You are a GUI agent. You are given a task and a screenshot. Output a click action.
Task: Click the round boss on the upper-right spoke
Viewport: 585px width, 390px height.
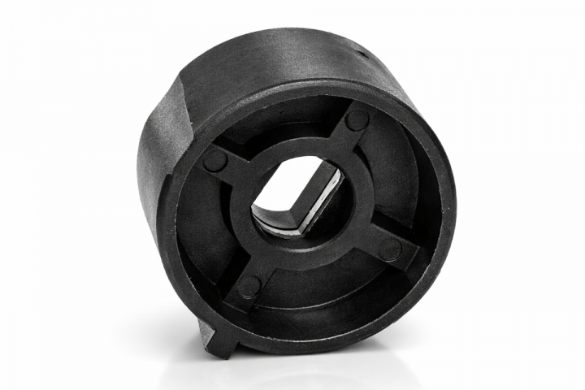(356, 120)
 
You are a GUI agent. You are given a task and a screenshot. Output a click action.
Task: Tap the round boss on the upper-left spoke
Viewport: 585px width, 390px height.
(215, 159)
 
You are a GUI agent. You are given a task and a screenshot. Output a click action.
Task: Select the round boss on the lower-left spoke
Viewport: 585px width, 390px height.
(249, 286)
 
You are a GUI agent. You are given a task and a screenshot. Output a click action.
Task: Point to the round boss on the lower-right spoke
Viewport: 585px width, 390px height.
(391, 250)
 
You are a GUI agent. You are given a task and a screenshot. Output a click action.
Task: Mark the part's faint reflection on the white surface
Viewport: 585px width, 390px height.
(325, 370)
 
